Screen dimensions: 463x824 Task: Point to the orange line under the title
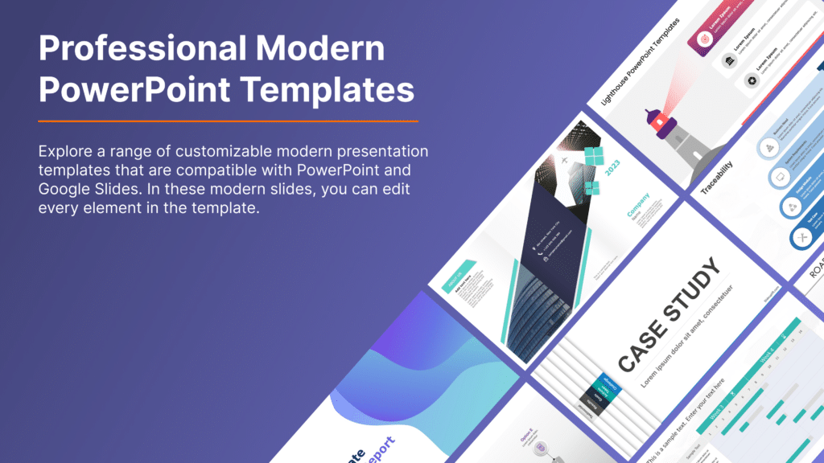click(229, 121)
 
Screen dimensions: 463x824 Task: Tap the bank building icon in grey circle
click(728, 62)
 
